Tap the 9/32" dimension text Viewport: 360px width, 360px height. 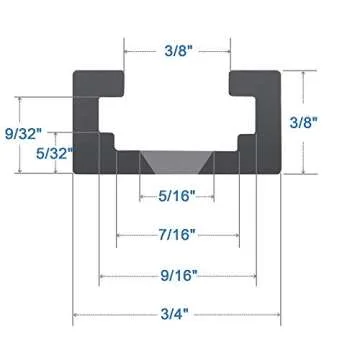(x=24, y=132)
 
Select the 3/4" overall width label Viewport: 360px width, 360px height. (x=178, y=313)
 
